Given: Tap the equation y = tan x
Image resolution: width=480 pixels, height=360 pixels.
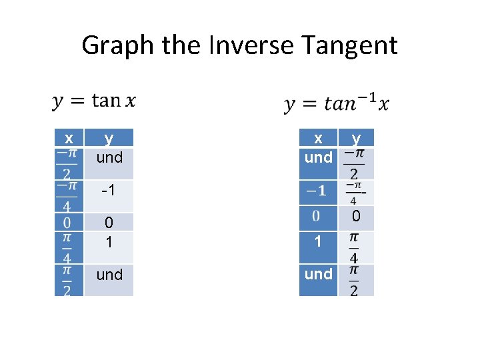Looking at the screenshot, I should coord(94,101).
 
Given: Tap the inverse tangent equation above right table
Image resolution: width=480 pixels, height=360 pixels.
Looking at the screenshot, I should coord(337,103).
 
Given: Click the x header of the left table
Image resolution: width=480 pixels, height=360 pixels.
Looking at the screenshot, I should coord(69,138).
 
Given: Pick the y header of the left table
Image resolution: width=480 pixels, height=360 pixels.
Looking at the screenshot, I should coord(109,138).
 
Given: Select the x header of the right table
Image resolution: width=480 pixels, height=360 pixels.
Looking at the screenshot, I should coord(319,138).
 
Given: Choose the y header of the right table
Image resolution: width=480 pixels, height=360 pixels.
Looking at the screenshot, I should coord(356,138).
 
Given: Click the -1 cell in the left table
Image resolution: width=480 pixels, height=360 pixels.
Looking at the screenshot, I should coord(109,191).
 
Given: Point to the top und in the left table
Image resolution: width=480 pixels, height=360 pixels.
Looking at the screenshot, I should coord(109,157).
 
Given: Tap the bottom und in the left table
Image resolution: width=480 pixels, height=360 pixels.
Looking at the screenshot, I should coord(109,275).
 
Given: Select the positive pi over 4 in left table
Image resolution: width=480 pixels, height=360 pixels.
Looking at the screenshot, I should coord(67,247).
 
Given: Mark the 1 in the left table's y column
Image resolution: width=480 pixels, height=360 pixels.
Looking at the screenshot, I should coord(109,241).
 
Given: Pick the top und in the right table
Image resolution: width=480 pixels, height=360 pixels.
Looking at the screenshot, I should coord(318,157).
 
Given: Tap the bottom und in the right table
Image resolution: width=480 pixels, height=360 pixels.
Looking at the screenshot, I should coord(318,274).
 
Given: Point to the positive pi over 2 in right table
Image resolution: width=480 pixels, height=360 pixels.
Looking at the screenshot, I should coord(353,280).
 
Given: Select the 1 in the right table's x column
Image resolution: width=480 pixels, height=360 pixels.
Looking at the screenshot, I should coord(318,241).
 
